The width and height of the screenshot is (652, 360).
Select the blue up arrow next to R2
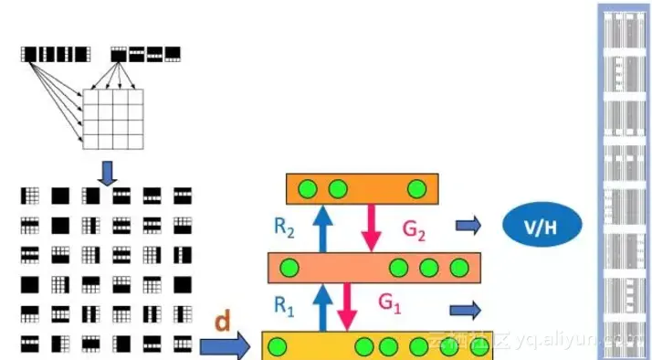tap(320, 228)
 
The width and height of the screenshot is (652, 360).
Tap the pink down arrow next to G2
tap(370, 228)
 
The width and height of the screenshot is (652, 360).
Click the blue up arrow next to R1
tap(321, 307)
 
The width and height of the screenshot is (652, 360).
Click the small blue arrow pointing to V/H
tap(468, 225)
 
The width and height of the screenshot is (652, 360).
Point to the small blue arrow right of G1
tap(465, 310)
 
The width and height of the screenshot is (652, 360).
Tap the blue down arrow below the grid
tap(108, 171)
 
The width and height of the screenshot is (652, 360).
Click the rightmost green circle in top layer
tap(417, 189)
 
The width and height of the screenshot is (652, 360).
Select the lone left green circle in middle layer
tap(290, 268)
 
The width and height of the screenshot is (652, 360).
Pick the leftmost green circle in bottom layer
tap(278, 347)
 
